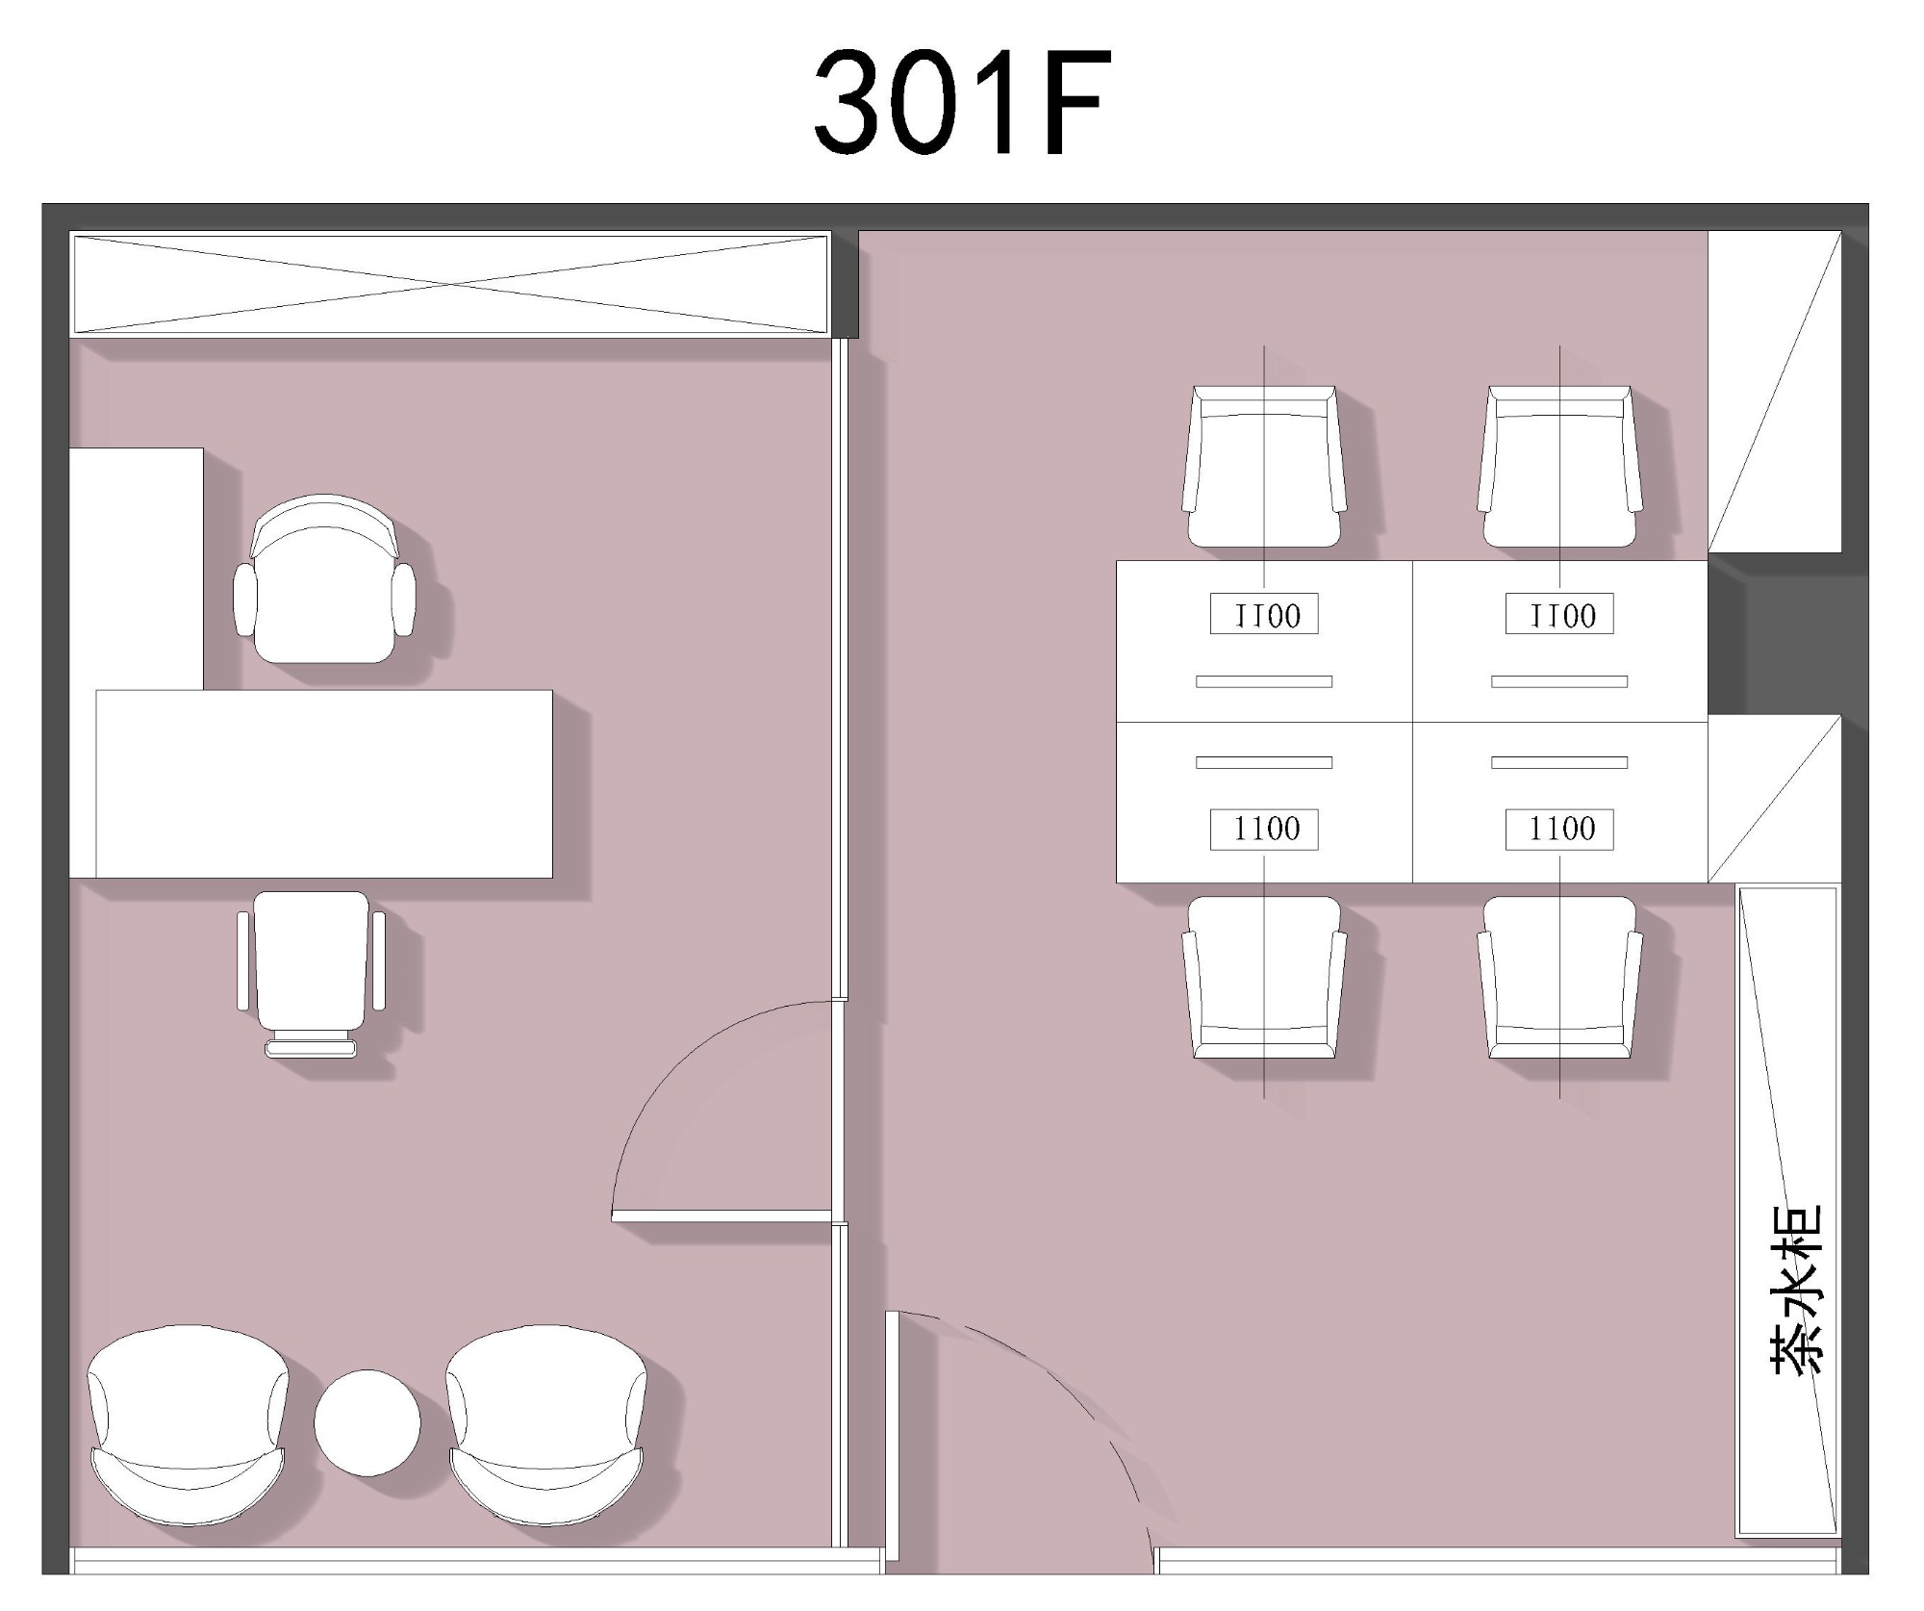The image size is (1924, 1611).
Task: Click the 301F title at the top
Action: click(x=962, y=103)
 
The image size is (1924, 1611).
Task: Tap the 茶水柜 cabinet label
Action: click(x=1795, y=1289)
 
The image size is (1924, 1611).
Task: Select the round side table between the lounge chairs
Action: click(x=367, y=1422)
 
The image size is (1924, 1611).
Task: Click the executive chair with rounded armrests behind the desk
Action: click(x=325, y=579)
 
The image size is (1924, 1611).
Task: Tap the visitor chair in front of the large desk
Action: click(x=311, y=974)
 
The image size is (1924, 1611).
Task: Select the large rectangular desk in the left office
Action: click(x=324, y=783)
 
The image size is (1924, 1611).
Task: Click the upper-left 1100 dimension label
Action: click(x=1264, y=615)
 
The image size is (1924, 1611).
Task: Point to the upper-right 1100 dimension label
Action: click(x=1559, y=615)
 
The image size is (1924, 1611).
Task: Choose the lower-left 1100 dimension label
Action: click(x=1264, y=829)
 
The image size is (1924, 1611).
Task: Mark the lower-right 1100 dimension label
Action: click(x=1559, y=829)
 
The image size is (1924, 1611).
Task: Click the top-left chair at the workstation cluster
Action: click(x=1264, y=467)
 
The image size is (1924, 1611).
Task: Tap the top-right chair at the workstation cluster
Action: click(x=1559, y=467)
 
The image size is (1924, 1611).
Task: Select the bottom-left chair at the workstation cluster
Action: click(x=1264, y=978)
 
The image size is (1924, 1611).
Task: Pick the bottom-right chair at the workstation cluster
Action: click(x=1559, y=978)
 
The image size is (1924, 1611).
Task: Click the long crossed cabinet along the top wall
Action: click(x=450, y=284)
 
